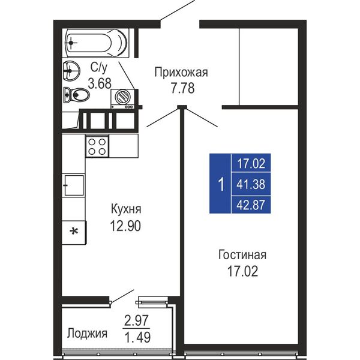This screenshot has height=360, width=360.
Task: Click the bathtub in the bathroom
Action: click(96, 43)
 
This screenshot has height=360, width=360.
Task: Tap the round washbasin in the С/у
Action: click(71, 71)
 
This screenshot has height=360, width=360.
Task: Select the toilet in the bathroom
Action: click(76, 94)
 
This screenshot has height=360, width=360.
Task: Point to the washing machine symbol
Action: click(122, 99)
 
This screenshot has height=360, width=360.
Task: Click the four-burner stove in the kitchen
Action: click(97, 146)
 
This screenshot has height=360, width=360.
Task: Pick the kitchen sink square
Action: click(74, 185)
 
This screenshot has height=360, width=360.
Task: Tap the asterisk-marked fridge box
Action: click(74, 232)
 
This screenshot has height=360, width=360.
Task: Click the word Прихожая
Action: click(181, 73)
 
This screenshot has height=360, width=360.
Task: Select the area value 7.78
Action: click(183, 88)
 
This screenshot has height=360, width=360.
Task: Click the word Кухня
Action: click(126, 209)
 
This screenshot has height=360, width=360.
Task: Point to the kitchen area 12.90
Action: click(125, 226)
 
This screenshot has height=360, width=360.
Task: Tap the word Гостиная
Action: click(242, 255)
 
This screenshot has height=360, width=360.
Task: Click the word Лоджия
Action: click(87, 333)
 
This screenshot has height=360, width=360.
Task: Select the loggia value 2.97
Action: click(136, 321)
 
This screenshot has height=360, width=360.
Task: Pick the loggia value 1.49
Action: click(137, 337)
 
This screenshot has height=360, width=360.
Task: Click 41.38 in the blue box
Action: click(251, 184)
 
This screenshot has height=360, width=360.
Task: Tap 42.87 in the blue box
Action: click(251, 205)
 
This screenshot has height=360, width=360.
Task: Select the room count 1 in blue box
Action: click(221, 184)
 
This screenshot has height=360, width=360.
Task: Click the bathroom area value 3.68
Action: click(100, 83)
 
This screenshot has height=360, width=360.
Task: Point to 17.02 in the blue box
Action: click(251, 164)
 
